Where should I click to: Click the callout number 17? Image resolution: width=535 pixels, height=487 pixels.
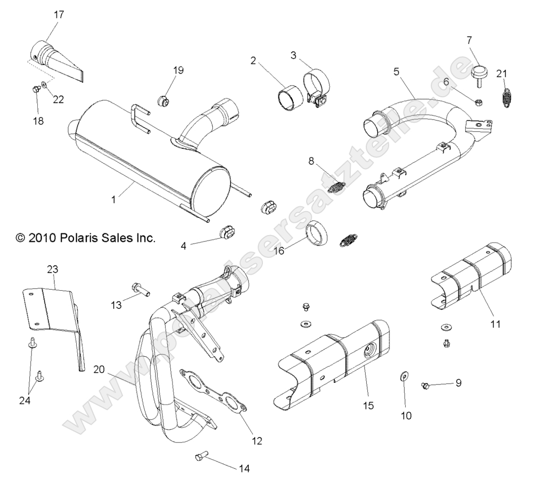click(59, 15)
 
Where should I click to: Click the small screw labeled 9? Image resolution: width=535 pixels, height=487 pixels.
click(425, 385)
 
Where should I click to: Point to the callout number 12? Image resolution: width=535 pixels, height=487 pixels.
click(257, 441)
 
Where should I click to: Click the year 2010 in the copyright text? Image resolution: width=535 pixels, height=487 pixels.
click(48, 238)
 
